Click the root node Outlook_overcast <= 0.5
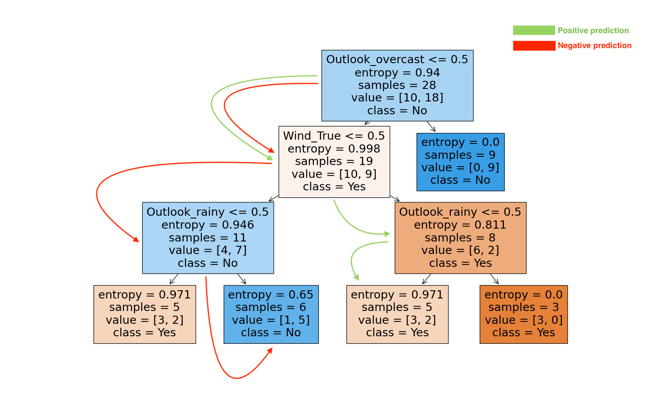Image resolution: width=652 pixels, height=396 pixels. pyautogui.click(x=397, y=85)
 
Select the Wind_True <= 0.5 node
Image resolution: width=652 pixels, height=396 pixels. pyautogui.click(x=334, y=162)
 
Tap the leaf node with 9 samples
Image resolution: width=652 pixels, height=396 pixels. pyautogui.click(x=460, y=162)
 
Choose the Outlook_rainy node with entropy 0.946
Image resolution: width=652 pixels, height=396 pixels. pyautogui.click(x=208, y=238)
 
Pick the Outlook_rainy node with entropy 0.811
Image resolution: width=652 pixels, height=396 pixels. pyautogui.click(x=460, y=238)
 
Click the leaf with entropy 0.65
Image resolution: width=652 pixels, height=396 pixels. pyautogui.click(x=271, y=314)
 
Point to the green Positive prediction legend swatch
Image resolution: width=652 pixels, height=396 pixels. pyautogui.click(x=534, y=30)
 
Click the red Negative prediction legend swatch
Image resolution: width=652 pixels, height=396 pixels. pyautogui.click(x=534, y=46)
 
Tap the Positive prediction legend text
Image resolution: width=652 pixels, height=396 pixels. pyautogui.click(x=593, y=30)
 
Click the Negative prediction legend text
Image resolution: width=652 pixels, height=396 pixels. pyautogui.click(x=594, y=46)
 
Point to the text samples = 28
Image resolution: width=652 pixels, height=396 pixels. pyautogui.click(x=397, y=85)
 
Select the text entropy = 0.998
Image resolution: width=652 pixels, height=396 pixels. pyautogui.click(x=334, y=149)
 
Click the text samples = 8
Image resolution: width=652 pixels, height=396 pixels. pyautogui.click(x=460, y=238)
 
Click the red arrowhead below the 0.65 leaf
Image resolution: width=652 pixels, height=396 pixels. pyautogui.click(x=270, y=350)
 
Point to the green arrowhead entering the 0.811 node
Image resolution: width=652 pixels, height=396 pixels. pyautogui.click(x=387, y=234)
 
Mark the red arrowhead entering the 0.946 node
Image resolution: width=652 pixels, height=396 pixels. pyautogui.click(x=136, y=240)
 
